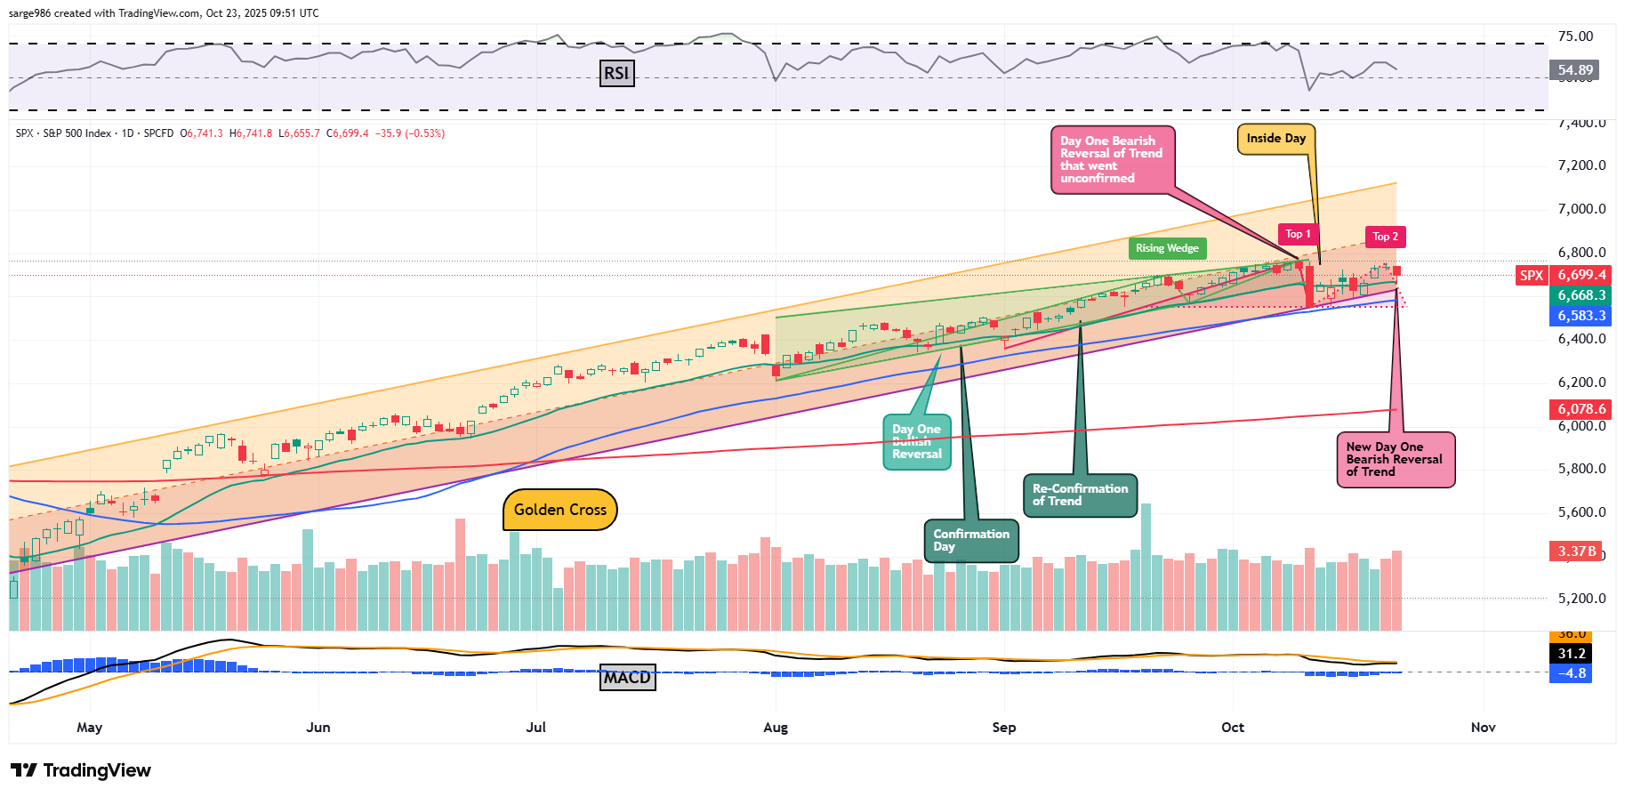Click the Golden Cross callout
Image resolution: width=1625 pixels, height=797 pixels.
(x=559, y=510)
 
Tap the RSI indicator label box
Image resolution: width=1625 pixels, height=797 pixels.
(x=616, y=73)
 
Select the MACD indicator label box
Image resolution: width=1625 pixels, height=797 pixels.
(x=627, y=678)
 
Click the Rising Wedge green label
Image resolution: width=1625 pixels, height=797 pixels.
(x=1167, y=248)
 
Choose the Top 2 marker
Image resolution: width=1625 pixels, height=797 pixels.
(x=1385, y=237)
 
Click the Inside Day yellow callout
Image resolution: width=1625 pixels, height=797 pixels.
(x=1275, y=138)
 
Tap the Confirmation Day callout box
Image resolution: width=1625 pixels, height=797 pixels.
(x=970, y=540)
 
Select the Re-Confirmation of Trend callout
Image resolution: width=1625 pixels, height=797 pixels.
(x=1079, y=495)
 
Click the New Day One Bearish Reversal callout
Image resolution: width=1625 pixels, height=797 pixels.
(x=1395, y=459)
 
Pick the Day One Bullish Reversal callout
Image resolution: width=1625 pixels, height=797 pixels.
(x=916, y=441)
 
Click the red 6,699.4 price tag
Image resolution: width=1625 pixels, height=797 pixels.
(x=1581, y=275)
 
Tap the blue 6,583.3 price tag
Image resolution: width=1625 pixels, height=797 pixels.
(x=1581, y=316)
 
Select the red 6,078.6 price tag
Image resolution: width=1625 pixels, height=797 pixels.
(x=1581, y=409)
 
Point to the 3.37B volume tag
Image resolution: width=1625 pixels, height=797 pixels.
(x=1576, y=551)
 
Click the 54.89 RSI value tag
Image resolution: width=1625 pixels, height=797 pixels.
(x=1574, y=69)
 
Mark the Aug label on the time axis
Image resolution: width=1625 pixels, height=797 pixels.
(x=776, y=728)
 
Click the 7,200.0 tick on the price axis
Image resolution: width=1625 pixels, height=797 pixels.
(x=1581, y=165)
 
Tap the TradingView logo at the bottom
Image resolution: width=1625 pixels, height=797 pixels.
(x=81, y=770)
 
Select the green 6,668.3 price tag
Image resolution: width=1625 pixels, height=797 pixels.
(x=1581, y=295)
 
